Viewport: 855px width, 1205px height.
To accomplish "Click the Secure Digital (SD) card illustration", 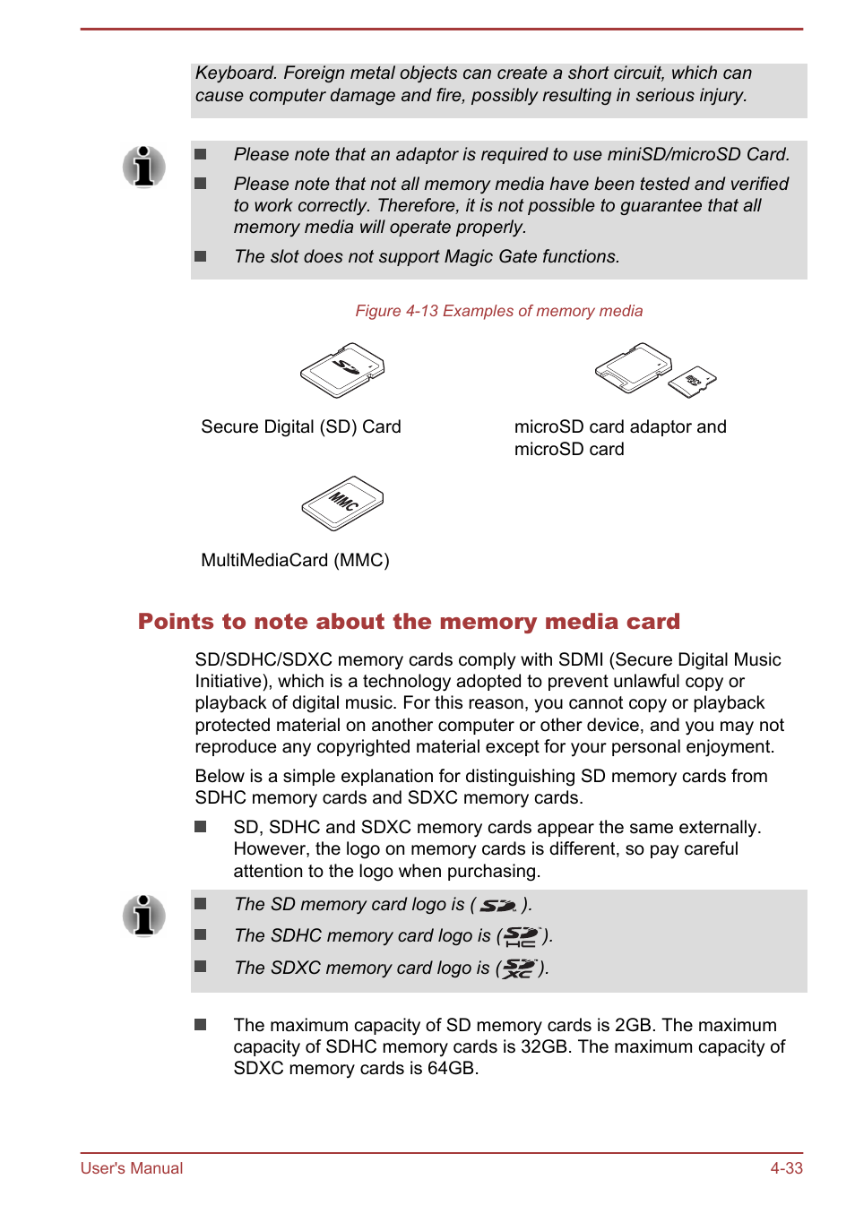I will [x=342, y=370].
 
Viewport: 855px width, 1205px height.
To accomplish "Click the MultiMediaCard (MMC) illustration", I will [x=342, y=503].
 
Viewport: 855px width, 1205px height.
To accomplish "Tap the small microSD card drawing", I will [x=693, y=382].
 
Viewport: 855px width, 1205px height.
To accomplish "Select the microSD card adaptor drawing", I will [x=633, y=366].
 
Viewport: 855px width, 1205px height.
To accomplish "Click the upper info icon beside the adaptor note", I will [x=144, y=167].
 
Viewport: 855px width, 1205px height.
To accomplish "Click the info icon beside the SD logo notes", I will [x=144, y=916].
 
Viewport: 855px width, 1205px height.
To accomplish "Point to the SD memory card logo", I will [x=498, y=906].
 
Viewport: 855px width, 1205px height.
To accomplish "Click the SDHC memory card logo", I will [x=521, y=937].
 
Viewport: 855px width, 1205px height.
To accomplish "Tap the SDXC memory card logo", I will [x=518, y=968].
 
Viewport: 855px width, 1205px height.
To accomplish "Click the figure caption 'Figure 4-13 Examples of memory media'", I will [x=498, y=311].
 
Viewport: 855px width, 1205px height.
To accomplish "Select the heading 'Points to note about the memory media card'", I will [x=409, y=622].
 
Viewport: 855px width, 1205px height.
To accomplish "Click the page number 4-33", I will [x=786, y=1168].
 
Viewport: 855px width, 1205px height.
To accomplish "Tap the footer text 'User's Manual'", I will [x=132, y=1168].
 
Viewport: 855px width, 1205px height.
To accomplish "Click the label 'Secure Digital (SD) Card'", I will [x=301, y=427].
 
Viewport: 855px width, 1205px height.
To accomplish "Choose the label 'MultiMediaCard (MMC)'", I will [x=295, y=561].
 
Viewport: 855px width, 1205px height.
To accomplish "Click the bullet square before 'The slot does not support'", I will [x=201, y=256].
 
